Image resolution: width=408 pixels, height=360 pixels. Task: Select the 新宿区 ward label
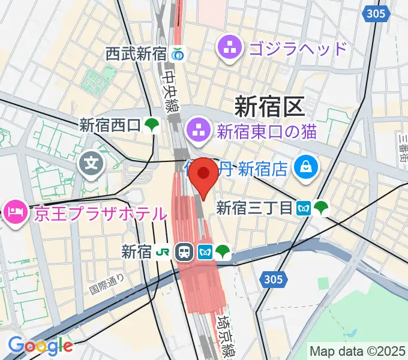[269, 107]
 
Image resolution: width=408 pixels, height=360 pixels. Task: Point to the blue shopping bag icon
[305, 168]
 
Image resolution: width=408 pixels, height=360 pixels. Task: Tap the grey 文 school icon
[91, 161]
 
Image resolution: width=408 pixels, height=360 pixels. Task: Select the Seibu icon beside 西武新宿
[178, 54]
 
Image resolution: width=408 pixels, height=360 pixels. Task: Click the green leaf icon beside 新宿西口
[152, 125]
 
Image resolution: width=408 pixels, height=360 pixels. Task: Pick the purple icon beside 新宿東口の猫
[197, 128]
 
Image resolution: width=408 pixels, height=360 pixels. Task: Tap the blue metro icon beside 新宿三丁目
[304, 208]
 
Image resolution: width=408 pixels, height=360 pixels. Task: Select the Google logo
[40, 346]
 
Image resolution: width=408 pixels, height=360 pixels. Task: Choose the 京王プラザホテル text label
[100, 213]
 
